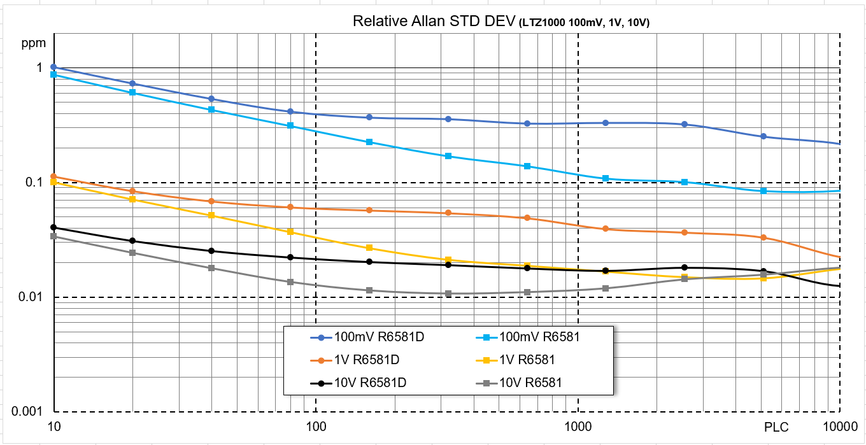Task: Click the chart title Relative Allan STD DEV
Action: pos(433,22)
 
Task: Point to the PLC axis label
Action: pos(776,425)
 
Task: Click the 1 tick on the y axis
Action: pos(38,67)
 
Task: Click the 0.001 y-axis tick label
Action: pos(27,412)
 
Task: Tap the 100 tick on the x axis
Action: pos(316,425)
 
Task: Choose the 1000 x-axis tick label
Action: pos(578,425)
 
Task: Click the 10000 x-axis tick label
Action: pos(839,425)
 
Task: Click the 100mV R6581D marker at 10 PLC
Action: pos(54,67)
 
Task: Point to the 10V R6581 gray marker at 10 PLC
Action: pos(54,236)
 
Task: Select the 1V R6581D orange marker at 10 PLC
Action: pos(54,176)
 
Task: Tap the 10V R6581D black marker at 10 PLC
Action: pos(54,227)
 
